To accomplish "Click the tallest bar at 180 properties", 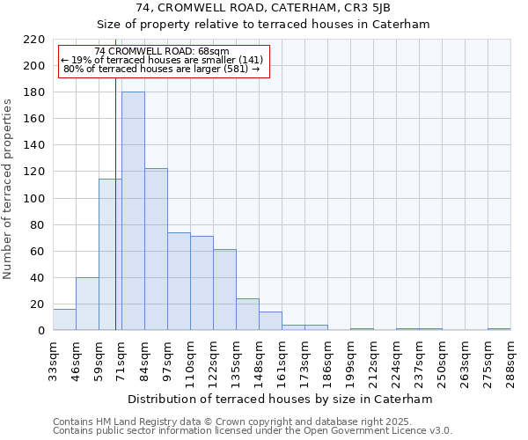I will [x=133, y=211].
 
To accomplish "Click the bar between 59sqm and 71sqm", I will [x=110, y=254].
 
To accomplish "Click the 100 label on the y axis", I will [x=35, y=198].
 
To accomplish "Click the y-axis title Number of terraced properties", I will [x=9, y=189].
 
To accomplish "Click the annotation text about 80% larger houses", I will [x=162, y=69].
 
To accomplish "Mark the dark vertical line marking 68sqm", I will [x=115, y=202].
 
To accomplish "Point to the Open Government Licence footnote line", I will [x=253, y=431].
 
